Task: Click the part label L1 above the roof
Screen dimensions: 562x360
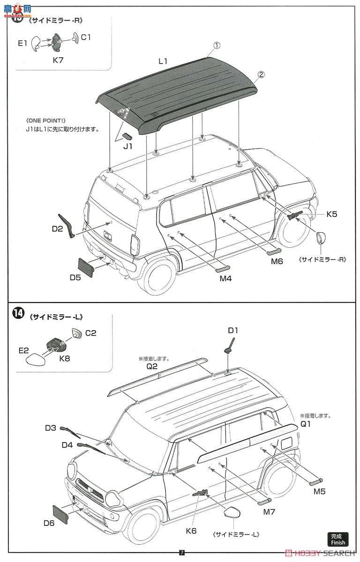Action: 163,61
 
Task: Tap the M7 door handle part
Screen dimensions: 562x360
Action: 264,500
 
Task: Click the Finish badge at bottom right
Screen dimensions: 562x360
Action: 337,540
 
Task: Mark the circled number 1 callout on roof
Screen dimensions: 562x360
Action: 217,45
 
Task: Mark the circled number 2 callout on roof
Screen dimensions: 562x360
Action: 261,74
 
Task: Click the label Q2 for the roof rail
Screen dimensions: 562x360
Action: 151,367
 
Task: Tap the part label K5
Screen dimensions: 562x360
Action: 332,214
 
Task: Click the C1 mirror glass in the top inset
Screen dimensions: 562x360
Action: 75,37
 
